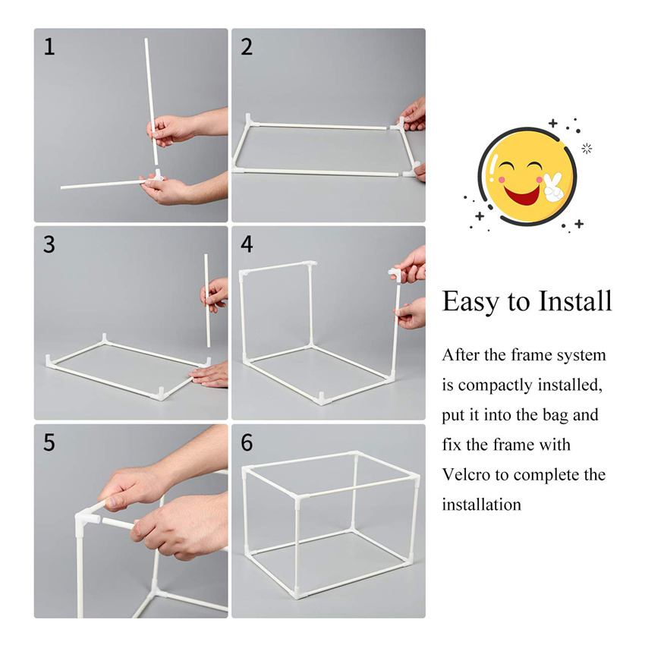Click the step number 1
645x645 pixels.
pos(49,46)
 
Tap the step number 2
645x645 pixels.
pos(247,46)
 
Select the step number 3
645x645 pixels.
pos(49,244)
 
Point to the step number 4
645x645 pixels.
pos(247,244)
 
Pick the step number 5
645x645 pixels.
pos(49,442)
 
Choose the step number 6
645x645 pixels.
pos(247,442)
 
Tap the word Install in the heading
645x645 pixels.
pos(575,301)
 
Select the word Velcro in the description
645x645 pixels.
pos(466,475)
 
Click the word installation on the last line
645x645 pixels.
pos(482,505)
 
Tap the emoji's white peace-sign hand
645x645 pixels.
pos(552,187)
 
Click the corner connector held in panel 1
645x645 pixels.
pos(156,176)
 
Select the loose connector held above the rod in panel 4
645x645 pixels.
pos(394,272)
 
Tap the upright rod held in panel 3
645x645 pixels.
pos(207,300)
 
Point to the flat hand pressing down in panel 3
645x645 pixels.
pos(209,374)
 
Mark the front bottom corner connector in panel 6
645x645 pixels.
pos(297,593)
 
